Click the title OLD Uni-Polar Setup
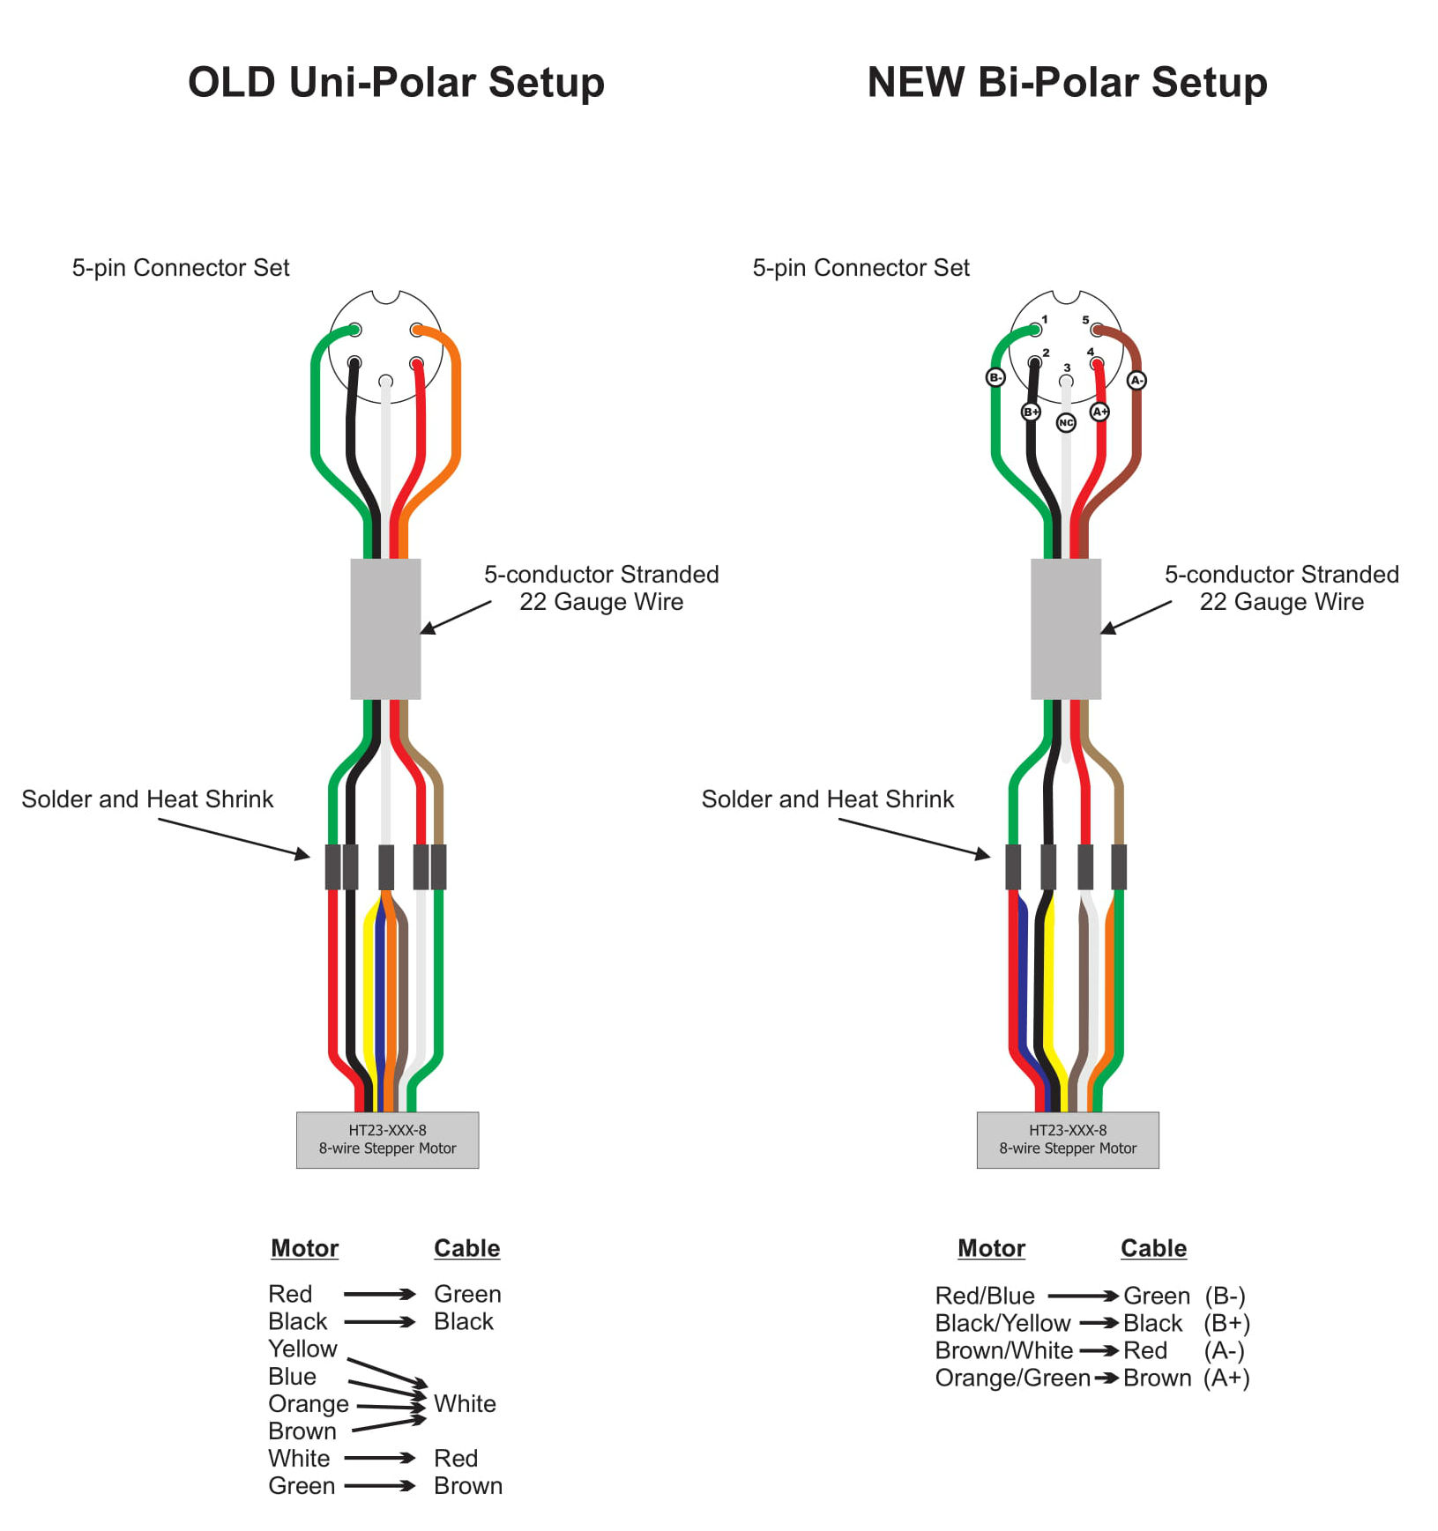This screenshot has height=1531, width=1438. click(396, 83)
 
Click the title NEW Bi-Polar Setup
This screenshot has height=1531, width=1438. click(1067, 83)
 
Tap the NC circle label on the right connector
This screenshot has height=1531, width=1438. click(1066, 423)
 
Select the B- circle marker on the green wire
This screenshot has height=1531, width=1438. click(995, 377)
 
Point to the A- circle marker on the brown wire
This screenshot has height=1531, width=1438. click(1136, 380)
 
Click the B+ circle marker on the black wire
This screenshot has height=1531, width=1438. click(1031, 412)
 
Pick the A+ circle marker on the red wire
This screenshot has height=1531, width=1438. click(1099, 412)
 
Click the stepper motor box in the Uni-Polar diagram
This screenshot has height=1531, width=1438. click(387, 1140)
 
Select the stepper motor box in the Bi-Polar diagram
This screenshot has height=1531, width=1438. click(1067, 1140)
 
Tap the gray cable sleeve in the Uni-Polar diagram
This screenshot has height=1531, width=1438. click(385, 628)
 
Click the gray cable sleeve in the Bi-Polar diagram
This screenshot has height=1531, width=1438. click(1065, 628)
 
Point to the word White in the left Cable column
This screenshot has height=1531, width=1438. click(465, 1403)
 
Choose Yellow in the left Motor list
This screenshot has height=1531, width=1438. click(302, 1349)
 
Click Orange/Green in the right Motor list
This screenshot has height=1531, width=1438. click(1012, 1378)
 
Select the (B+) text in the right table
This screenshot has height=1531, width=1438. click(1226, 1323)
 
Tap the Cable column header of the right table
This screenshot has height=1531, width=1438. click(1153, 1248)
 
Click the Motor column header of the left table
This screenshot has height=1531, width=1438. click(304, 1248)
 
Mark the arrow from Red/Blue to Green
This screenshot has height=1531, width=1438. click(1083, 1296)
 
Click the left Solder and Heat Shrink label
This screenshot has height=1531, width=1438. click(147, 799)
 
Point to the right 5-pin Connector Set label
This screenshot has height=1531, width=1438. click(861, 268)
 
